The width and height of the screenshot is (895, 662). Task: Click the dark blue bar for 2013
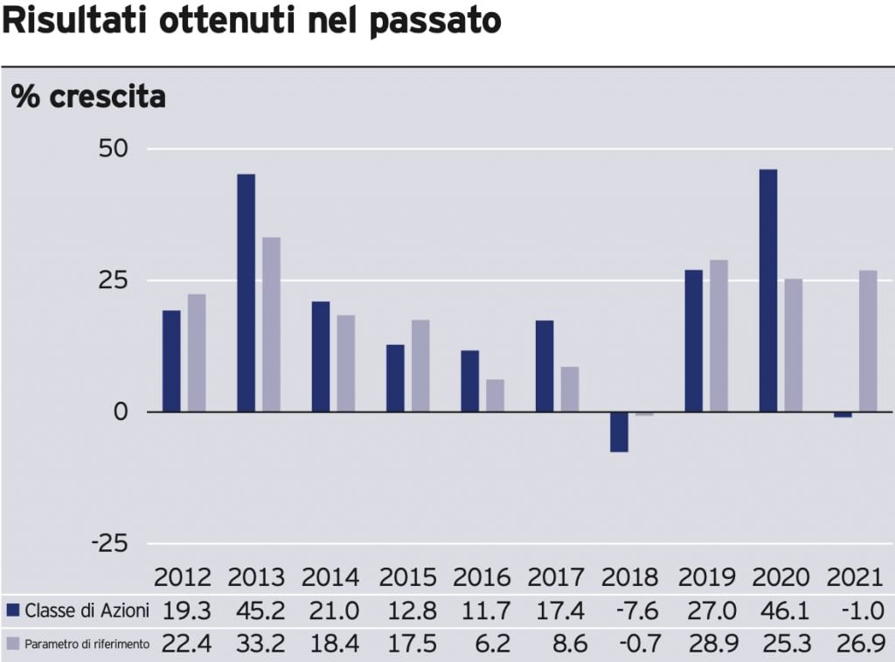(x=246, y=293)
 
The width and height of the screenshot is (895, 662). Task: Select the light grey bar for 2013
(x=271, y=324)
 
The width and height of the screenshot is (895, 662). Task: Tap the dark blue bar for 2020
(x=768, y=290)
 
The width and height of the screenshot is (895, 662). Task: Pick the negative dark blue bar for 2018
(x=619, y=431)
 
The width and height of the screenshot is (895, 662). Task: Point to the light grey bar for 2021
(x=868, y=341)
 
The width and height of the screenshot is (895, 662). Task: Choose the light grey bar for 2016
(x=495, y=395)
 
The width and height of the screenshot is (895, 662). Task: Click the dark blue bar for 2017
(x=545, y=366)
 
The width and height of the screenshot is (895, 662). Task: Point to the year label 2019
(x=707, y=578)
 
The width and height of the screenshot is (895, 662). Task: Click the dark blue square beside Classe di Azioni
(x=13, y=610)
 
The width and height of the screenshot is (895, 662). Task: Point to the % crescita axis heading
(x=88, y=96)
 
